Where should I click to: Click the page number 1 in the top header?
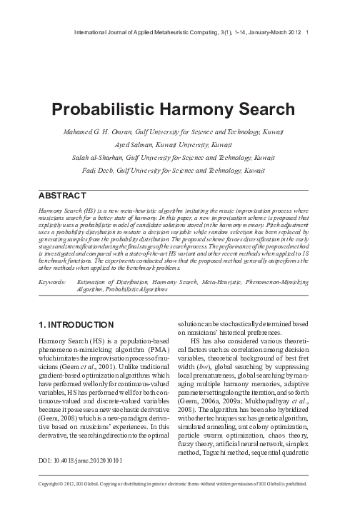point(306,31)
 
